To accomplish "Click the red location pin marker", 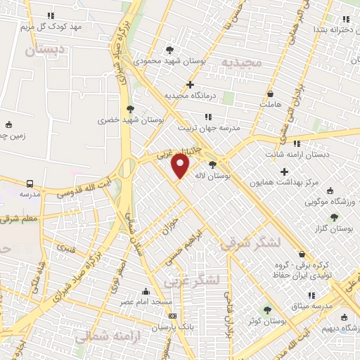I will click(x=181, y=166).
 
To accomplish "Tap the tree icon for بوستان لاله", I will click(x=212, y=165).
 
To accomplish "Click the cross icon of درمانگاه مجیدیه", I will click(x=190, y=84).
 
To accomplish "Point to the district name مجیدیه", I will click(x=241, y=63).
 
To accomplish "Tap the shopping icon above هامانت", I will click(x=271, y=94).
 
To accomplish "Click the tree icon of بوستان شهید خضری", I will click(x=129, y=109).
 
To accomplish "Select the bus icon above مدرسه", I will click(x=29, y=183).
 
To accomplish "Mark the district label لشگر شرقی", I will click(x=251, y=243).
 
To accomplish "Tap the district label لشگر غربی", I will click(x=192, y=280).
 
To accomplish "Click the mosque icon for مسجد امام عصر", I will click(x=146, y=291).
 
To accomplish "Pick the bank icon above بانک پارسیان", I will click(x=172, y=316).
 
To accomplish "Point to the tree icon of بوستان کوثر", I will click(x=266, y=309).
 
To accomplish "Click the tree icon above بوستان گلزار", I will click(x=334, y=217).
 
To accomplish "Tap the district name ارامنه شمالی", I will click(x=98, y=335).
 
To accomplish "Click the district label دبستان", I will click(x=44, y=49).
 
